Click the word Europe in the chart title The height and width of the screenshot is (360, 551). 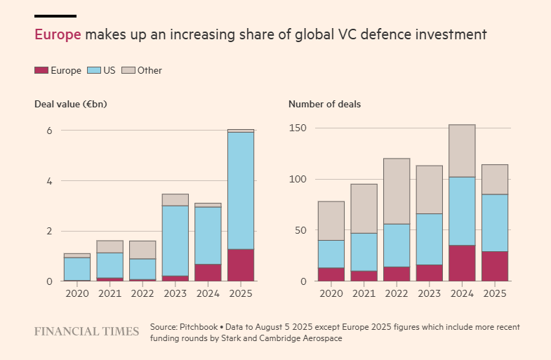pos(58,34)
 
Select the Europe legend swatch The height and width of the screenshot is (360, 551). pos(41,70)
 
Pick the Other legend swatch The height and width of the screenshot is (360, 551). pos(128,70)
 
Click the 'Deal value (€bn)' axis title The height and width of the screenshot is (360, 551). pos(70,104)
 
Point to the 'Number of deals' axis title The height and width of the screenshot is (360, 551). pos(325,104)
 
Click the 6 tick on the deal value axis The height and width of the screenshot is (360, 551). pos(49,131)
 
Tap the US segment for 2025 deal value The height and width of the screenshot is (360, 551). pos(241,190)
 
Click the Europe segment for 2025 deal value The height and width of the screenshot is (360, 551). pos(241,265)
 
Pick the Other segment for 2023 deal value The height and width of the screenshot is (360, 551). pos(175,199)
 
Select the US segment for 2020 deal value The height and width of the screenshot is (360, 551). pos(77,269)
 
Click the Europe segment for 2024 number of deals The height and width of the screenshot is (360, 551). pos(462,263)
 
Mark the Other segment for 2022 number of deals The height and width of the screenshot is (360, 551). pos(397,191)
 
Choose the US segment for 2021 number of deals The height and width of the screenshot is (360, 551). pos(364,252)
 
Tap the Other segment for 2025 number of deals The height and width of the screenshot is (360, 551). pos(495,179)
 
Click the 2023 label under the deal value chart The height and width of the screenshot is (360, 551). pos(175,293)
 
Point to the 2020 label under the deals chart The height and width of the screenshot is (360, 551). pos(331,293)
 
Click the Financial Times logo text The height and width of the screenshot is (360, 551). pos(86,331)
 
